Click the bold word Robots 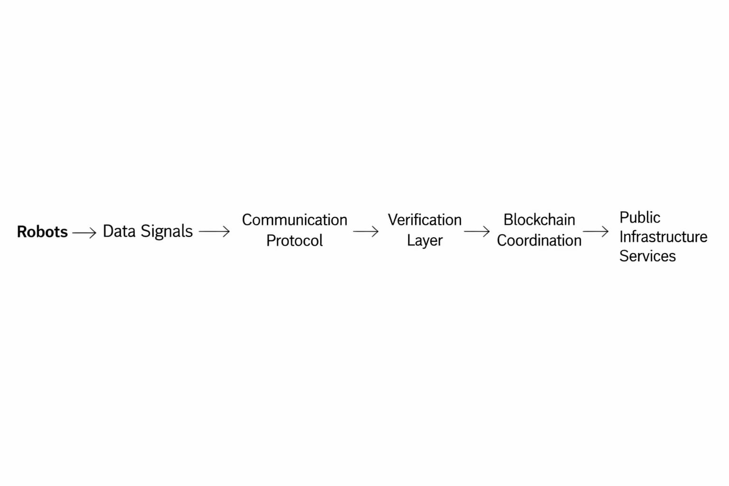42,232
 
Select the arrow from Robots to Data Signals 84,232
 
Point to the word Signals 167,232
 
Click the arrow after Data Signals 215,232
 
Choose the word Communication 294,220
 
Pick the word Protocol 294,241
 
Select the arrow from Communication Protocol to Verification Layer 365,232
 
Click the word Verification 424,220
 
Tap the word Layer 424,241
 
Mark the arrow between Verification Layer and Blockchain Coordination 477,232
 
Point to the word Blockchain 539,220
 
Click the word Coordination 539,241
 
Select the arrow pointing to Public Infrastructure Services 596,232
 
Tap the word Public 639,218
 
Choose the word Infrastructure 663,237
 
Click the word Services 647,256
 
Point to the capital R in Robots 22,232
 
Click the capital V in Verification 393,220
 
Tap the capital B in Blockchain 507,220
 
